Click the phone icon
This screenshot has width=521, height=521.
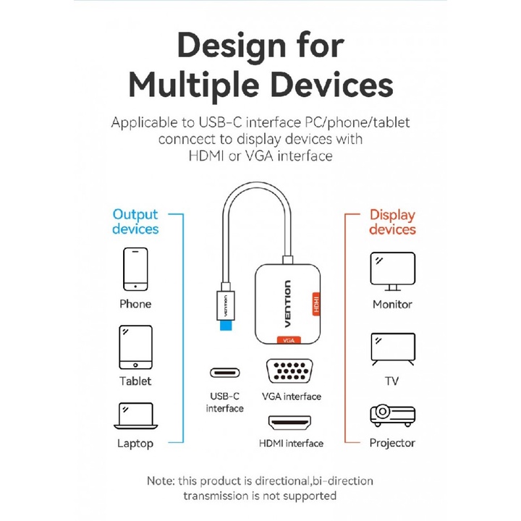(135, 269)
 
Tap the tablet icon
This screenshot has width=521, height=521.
(135, 347)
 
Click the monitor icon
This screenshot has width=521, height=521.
(392, 271)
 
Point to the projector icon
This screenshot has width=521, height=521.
(392, 415)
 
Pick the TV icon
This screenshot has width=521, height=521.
(392, 350)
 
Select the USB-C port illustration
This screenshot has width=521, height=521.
(225, 373)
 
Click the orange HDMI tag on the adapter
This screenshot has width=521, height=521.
(315, 302)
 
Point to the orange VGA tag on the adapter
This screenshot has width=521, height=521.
(288, 339)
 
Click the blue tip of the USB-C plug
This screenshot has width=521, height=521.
(226, 325)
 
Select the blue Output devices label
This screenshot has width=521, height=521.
(135, 221)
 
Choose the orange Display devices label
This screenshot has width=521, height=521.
(392, 221)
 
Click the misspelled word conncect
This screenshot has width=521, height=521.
(190, 138)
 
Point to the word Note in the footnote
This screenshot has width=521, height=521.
(160, 480)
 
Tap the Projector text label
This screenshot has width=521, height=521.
(392, 443)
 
